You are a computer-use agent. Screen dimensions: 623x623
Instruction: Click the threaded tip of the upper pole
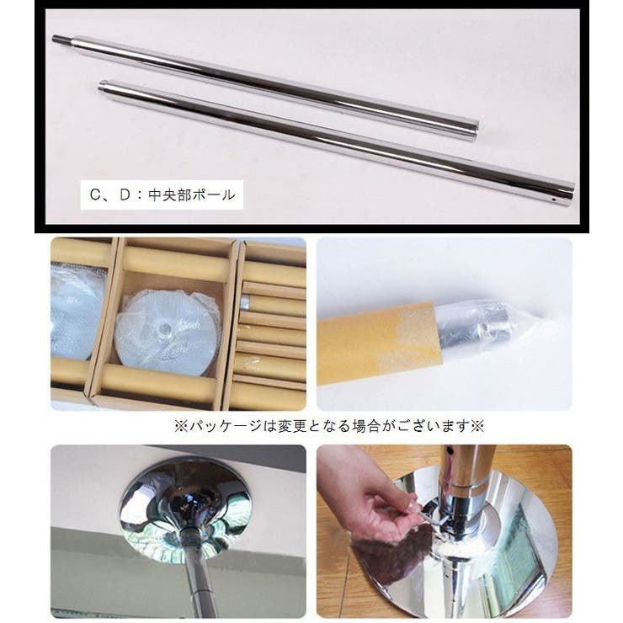61,39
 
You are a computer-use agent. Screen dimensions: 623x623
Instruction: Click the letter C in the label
95,194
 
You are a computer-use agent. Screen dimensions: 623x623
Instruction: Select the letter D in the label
125,194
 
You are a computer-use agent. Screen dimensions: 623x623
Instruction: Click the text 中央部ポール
191,194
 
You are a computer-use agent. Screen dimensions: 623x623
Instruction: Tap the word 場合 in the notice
365,426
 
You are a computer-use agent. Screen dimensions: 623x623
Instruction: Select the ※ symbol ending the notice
477,426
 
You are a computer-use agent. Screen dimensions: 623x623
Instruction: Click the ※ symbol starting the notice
182,426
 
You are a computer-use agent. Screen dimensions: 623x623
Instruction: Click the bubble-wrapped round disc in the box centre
168,332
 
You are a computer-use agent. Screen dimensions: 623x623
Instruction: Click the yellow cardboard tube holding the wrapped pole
380,343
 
